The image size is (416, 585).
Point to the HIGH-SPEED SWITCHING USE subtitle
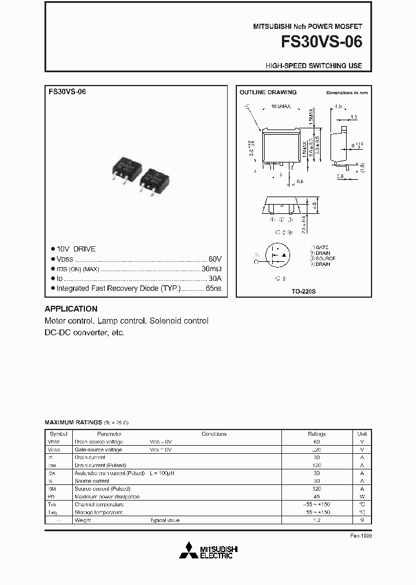[314, 66]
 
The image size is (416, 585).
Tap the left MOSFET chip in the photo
[127, 169]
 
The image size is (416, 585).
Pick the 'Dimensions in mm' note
[347, 93]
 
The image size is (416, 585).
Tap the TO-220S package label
[304, 292]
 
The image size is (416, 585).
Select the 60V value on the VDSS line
[215, 259]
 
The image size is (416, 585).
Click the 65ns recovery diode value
[213, 288]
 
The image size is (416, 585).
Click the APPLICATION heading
[71, 309]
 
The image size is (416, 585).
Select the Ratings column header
[317, 434]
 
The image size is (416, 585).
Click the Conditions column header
[214, 434]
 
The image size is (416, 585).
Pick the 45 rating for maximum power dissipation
[317, 497]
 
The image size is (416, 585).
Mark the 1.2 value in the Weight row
[317, 520]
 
